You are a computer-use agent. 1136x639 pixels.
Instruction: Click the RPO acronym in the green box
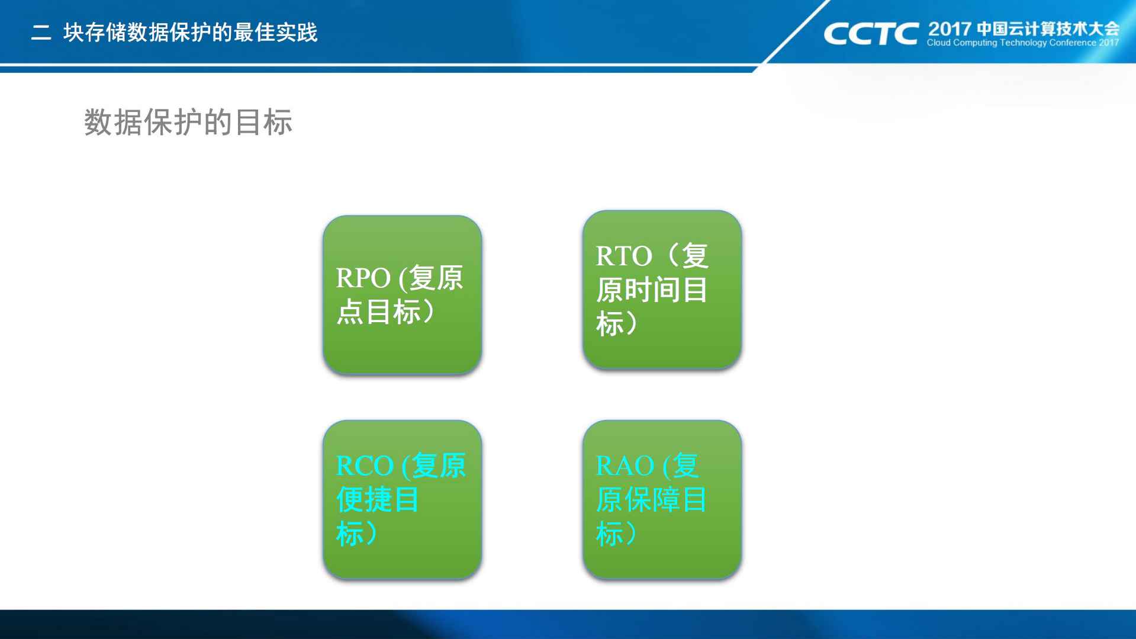click(363, 278)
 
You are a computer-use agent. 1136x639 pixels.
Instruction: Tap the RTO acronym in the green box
click(623, 256)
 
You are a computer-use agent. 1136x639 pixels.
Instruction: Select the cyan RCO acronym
click(364, 466)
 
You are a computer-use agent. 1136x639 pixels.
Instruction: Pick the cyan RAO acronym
click(624, 466)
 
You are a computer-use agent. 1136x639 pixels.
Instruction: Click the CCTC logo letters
click(871, 34)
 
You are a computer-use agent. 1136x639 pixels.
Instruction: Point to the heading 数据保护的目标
click(188, 123)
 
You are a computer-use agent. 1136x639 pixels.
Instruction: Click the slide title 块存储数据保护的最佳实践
click(191, 33)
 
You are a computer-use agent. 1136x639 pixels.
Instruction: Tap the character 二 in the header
click(41, 33)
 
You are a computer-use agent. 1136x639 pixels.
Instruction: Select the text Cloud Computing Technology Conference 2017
click(1022, 43)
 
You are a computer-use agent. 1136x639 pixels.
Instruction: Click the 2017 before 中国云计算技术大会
click(950, 28)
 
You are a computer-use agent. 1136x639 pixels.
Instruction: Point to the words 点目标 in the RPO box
click(379, 312)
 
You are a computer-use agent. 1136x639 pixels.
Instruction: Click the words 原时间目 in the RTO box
click(651, 290)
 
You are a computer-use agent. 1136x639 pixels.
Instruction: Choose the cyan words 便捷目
click(378, 500)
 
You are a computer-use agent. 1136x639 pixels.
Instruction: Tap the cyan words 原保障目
click(651, 500)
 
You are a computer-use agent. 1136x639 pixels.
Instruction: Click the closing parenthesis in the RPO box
click(429, 312)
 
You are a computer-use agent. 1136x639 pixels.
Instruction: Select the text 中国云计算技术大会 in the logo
click(1048, 28)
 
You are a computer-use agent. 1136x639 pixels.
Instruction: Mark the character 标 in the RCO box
click(349, 534)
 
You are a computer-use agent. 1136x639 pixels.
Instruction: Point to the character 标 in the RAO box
click(610, 534)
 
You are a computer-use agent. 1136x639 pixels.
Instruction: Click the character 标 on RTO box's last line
click(610, 324)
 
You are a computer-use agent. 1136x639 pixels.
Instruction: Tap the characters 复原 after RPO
click(436, 278)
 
